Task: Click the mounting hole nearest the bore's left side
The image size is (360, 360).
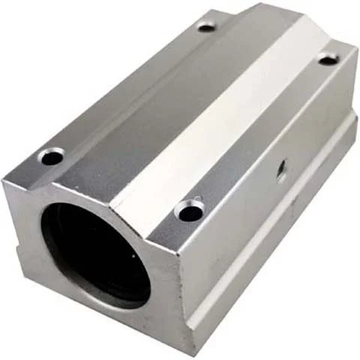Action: [x=51, y=157]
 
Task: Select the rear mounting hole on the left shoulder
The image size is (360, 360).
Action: [x=206, y=28]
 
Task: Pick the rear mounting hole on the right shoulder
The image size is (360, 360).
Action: [x=328, y=58]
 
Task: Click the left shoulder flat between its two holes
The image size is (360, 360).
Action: [x=127, y=90]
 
